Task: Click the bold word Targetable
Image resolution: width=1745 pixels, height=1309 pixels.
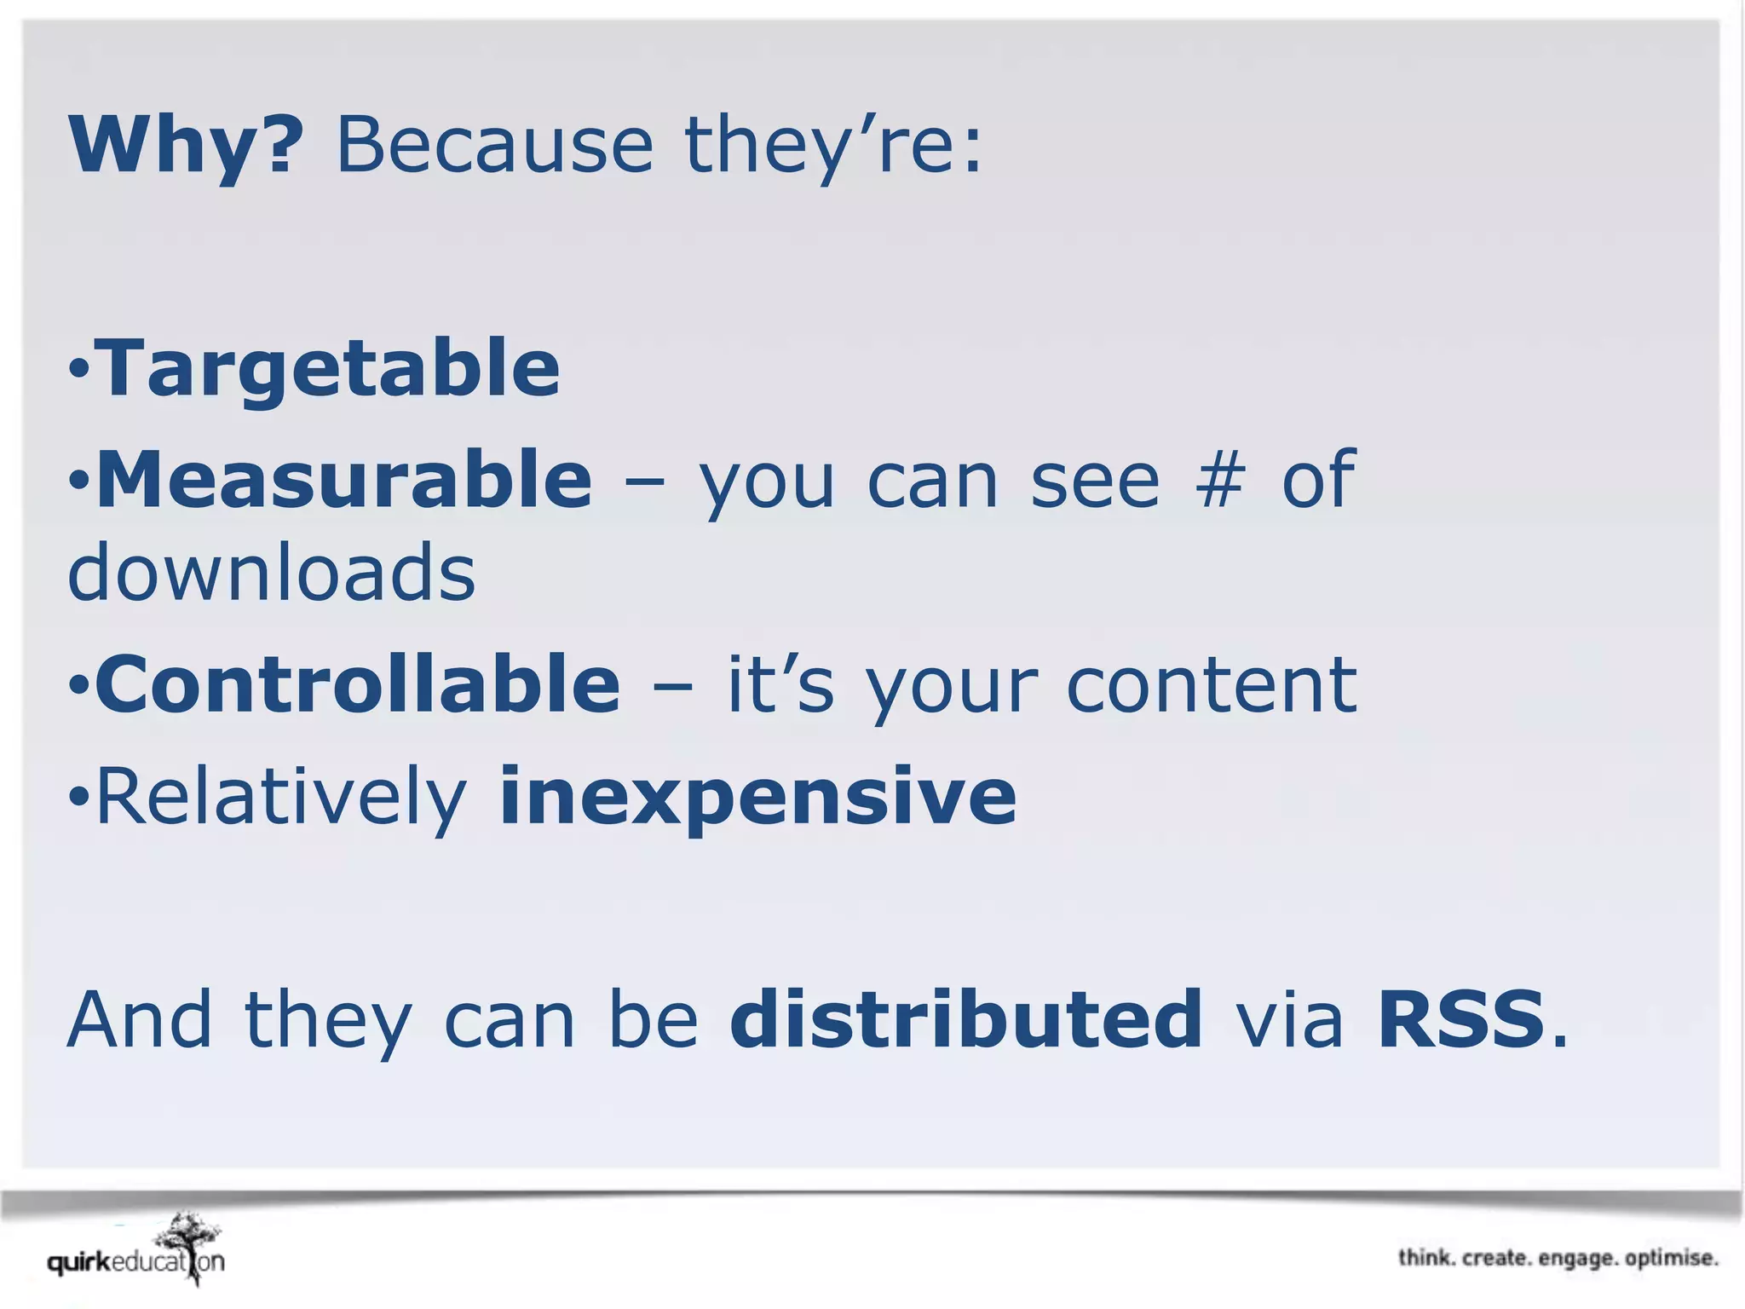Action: (x=328, y=368)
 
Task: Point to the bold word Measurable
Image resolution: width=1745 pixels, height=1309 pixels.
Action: (x=344, y=480)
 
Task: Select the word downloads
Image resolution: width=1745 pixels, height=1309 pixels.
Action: (x=271, y=573)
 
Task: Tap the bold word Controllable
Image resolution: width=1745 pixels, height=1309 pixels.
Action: (x=358, y=684)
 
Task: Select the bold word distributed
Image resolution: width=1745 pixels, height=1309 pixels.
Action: (x=965, y=1019)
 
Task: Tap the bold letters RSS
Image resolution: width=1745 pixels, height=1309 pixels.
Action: (x=1460, y=1019)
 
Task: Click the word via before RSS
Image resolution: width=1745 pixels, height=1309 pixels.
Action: (x=1289, y=1021)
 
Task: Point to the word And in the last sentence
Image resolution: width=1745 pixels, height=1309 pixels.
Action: (x=139, y=1021)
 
